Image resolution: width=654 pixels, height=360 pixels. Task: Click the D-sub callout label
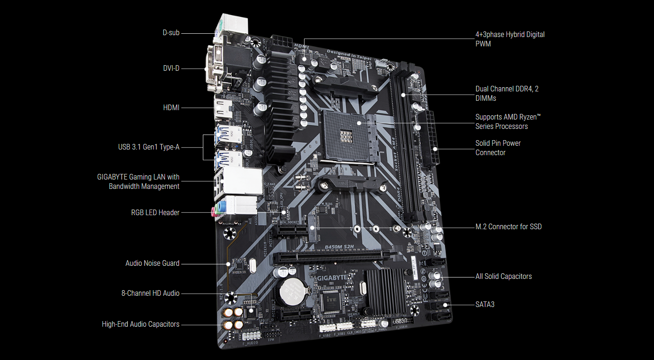(x=171, y=33)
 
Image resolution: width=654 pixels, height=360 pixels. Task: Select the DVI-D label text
(x=171, y=68)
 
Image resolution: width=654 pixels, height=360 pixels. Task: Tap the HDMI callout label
(x=171, y=108)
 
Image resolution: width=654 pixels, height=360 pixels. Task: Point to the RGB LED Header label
(x=155, y=213)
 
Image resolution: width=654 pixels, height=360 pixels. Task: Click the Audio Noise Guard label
(x=152, y=263)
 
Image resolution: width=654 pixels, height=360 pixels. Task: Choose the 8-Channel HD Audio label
(x=150, y=293)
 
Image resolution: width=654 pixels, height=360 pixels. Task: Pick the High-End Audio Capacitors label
(x=141, y=324)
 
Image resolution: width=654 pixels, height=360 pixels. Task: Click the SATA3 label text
(x=485, y=305)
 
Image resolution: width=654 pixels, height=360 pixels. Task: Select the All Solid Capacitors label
(x=504, y=277)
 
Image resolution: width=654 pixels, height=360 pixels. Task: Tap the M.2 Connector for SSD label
(x=508, y=227)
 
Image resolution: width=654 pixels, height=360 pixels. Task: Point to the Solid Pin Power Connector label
(x=498, y=148)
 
